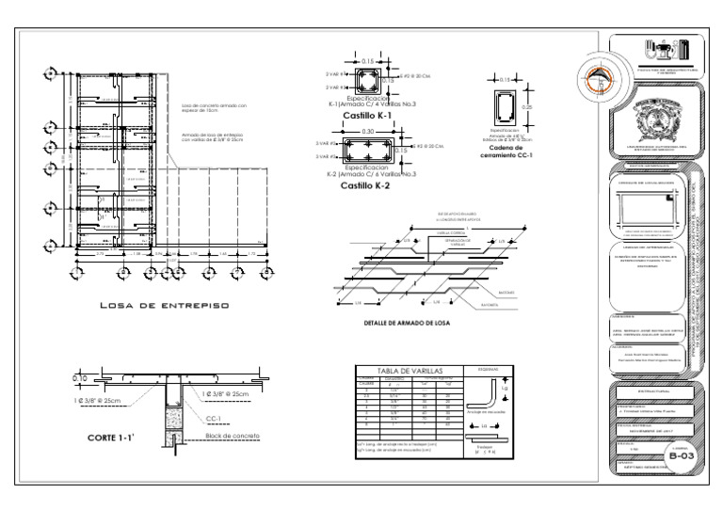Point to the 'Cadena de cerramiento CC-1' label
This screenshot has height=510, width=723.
pyautogui.click(x=511, y=153)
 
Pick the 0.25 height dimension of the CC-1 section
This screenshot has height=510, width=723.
pyautogui.click(x=527, y=107)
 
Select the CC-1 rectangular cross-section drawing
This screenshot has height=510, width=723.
pyautogui.click(x=503, y=107)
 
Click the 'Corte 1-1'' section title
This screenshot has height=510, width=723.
pyautogui.click(x=112, y=438)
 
